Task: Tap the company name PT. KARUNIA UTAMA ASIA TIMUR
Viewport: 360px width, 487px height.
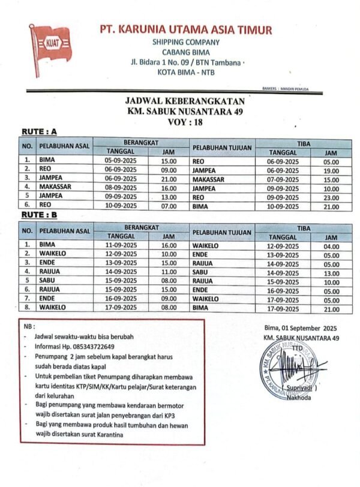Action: (x=186, y=30)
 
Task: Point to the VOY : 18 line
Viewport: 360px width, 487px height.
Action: (x=186, y=122)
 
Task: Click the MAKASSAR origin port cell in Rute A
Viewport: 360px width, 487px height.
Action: (x=55, y=187)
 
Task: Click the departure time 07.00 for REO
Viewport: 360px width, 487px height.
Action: (x=169, y=205)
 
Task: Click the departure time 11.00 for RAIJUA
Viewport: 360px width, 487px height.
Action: (x=169, y=271)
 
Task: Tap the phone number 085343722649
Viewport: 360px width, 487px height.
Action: (x=92, y=346)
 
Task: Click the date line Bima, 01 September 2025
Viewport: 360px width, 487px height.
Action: (x=301, y=329)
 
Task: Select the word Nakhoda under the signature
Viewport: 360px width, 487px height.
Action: (x=298, y=397)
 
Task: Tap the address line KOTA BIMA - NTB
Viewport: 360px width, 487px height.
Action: (x=186, y=73)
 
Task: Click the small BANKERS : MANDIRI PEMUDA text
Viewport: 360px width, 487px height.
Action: (x=286, y=89)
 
